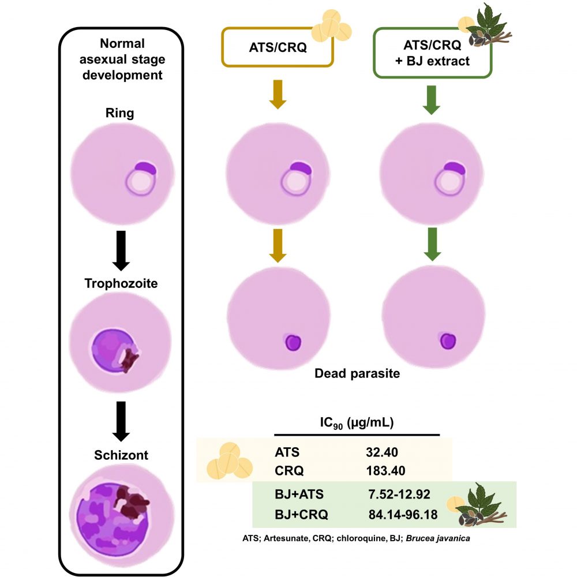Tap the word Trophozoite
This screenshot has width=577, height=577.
pyautogui.click(x=120, y=284)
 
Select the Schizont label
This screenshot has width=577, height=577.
pyautogui.click(x=121, y=455)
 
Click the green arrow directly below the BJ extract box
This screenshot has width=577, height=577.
pyautogui.click(x=432, y=100)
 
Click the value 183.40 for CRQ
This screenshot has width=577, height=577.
pyautogui.click(x=385, y=470)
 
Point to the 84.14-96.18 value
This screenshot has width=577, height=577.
pyautogui.click(x=403, y=513)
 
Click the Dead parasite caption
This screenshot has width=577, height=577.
pyautogui.click(x=357, y=373)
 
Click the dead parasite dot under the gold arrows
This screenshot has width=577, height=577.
pyautogui.click(x=294, y=342)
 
